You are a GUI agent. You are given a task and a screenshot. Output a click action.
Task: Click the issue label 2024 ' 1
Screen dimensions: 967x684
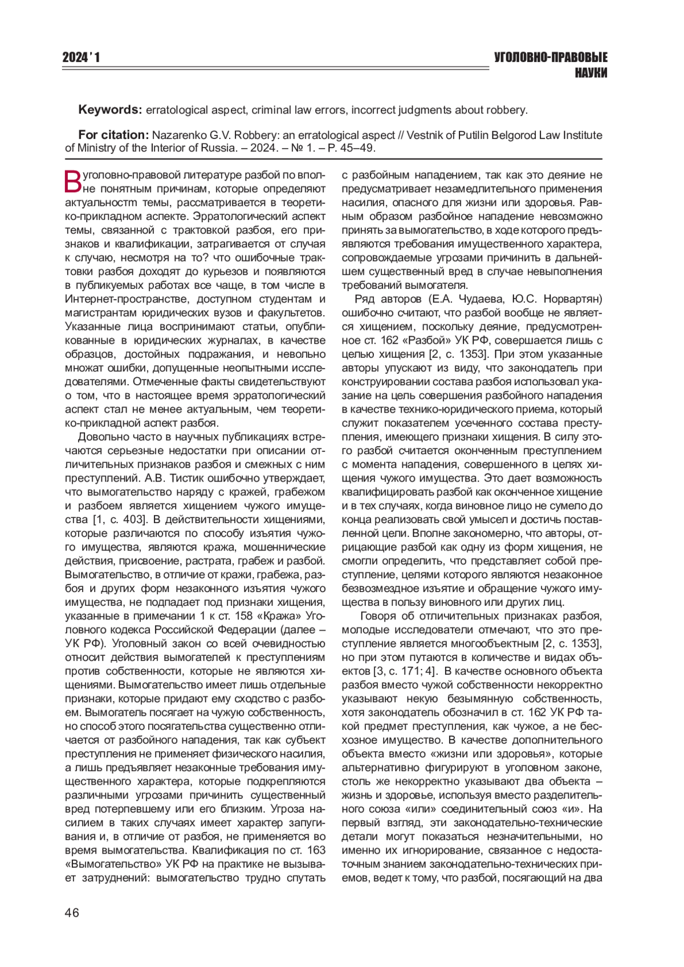81,58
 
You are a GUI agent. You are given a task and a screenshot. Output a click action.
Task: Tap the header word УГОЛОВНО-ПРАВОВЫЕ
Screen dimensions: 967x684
550,58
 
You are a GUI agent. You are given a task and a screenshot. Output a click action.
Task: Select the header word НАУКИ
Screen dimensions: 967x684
591,73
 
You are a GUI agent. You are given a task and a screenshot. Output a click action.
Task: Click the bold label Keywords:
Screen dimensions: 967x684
110,109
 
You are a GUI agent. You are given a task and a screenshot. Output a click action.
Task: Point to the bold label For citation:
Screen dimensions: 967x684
113,135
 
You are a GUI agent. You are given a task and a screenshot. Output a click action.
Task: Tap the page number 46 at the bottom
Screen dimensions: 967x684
72,912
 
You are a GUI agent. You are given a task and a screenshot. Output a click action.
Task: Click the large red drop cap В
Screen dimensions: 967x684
74,182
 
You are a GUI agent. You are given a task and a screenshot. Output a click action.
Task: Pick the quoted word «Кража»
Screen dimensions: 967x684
283,616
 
